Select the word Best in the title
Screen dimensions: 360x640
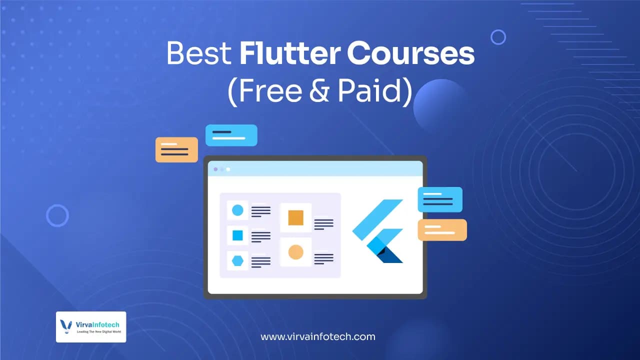coord(198,54)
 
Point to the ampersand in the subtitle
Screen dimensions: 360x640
coord(315,91)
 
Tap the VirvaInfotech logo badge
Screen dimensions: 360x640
coord(91,327)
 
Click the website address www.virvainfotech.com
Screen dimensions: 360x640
coord(318,336)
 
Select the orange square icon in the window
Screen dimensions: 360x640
coord(295,217)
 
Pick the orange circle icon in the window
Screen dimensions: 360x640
coord(295,252)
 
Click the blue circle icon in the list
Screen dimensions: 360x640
coord(237,210)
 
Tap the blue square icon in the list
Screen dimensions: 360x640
coord(237,235)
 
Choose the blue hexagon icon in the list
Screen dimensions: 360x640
coord(237,260)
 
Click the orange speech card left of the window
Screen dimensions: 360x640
coord(176,149)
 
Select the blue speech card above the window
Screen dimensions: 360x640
coord(231,135)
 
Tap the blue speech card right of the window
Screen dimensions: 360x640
coord(440,199)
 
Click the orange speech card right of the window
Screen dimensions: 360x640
coord(442,230)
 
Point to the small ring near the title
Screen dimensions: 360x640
coord(498,37)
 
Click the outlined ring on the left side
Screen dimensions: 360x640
coord(57,215)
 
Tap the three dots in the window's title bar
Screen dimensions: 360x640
coord(222,169)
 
